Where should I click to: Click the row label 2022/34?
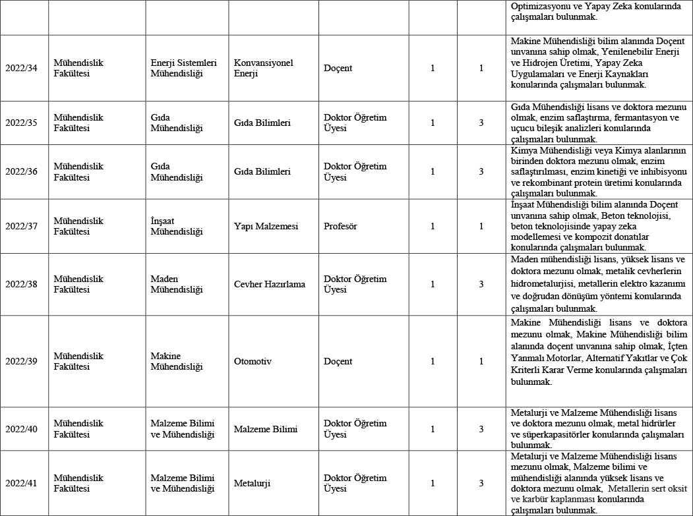tap(21, 68)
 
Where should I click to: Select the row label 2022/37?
tap(21, 226)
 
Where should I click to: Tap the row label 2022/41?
tap(21, 483)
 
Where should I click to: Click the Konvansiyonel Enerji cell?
tap(263, 68)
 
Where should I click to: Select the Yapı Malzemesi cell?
tap(266, 226)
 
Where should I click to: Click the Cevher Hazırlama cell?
tap(270, 284)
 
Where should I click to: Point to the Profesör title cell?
tap(340, 226)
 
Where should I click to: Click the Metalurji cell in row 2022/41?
tap(252, 483)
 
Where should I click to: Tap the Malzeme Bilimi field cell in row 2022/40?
tap(265, 429)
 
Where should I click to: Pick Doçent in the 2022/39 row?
tap(338, 361)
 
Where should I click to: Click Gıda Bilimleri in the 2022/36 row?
tap(262, 171)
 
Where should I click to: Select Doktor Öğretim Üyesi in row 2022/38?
tap(355, 284)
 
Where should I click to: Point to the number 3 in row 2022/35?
tap(481, 123)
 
